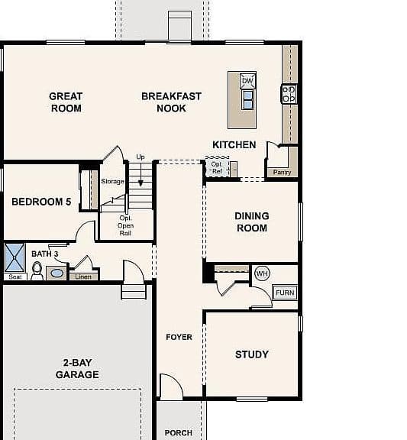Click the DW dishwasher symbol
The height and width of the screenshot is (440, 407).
pos(247,81)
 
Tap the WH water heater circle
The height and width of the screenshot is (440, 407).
pos(262,273)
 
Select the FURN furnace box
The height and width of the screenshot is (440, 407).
pos(285,293)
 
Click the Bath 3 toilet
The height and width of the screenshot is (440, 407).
pos(37,270)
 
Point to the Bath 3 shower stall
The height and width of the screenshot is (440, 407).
pos(15,258)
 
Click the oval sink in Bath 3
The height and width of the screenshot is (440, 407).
pos(57,273)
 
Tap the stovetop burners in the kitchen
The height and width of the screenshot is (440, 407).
pos(289,94)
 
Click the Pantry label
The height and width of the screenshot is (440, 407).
pos(282,173)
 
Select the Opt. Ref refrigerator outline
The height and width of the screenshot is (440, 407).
pos(217,167)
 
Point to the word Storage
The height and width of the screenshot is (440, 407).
pos(112,181)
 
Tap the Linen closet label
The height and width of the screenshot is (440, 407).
pos(83,277)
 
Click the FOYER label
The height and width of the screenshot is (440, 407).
pos(179,337)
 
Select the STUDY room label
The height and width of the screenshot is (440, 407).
pos(252,354)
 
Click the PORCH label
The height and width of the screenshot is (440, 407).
pos(179,433)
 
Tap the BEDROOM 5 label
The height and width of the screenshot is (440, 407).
pos(41,202)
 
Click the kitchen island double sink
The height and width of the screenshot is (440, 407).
pos(247,99)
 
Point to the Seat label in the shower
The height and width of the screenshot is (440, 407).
pos(15,277)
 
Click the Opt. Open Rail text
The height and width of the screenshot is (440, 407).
pos(125,225)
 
